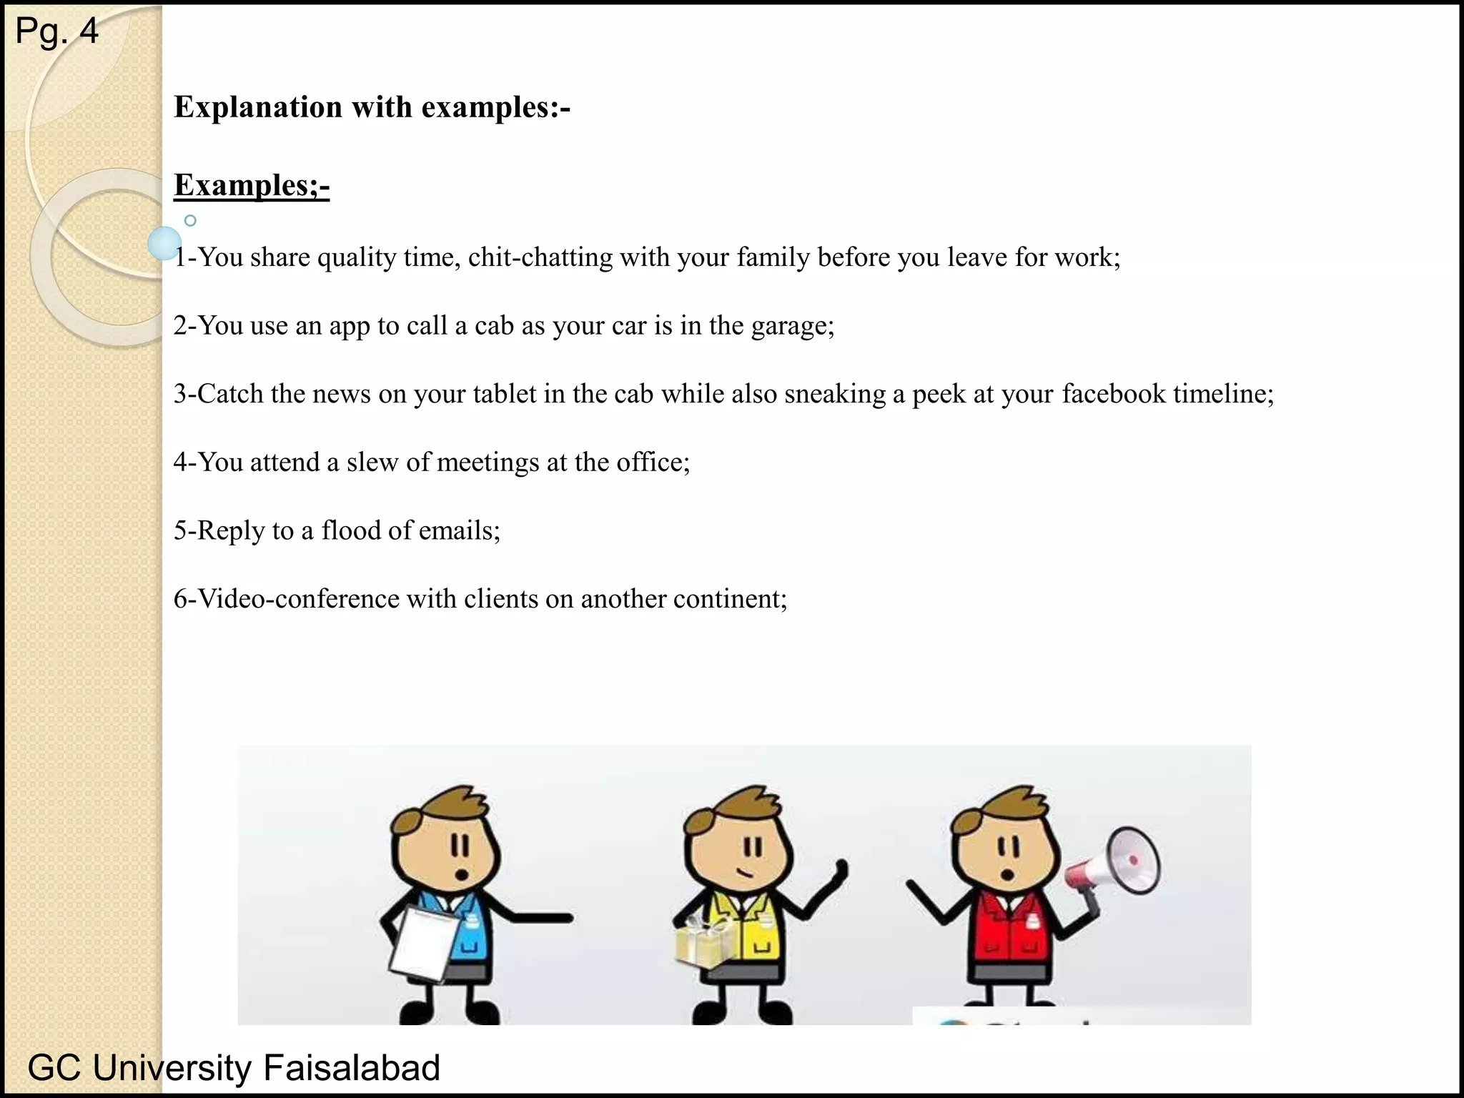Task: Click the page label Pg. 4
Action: coord(56,31)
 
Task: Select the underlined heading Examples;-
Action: coord(252,185)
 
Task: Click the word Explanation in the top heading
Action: coord(258,107)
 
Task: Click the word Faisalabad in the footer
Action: coord(351,1068)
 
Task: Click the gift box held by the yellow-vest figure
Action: coord(705,944)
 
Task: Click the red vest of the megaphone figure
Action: coord(1008,929)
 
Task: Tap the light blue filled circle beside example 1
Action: coord(165,243)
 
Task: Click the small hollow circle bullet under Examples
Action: coord(190,221)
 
